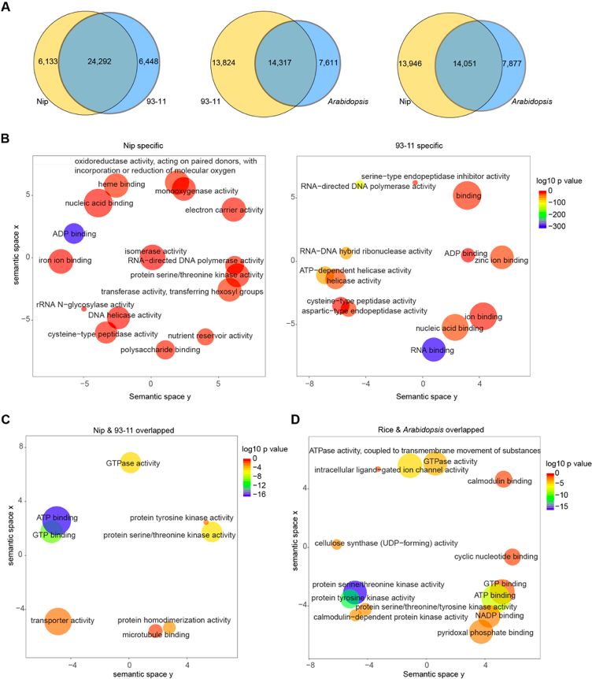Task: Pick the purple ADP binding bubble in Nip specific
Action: click(x=74, y=233)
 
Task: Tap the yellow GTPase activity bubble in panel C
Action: click(x=131, y=463)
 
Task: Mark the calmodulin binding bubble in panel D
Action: click(x=504, y=480)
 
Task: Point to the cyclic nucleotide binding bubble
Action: click(x=512, y=557)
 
